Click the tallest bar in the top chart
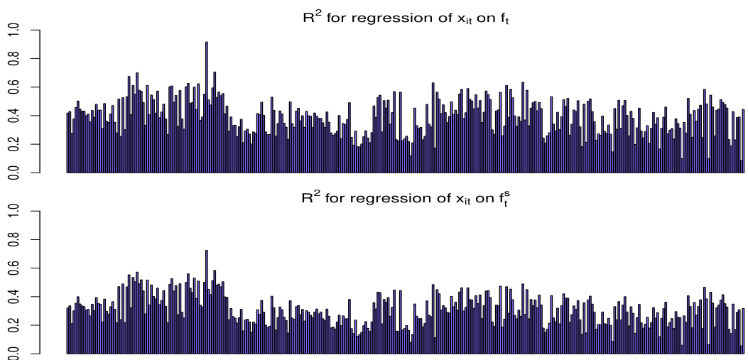[x=207, y=107]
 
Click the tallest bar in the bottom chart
[x=207, y=302]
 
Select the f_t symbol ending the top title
[x=504, y=21]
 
